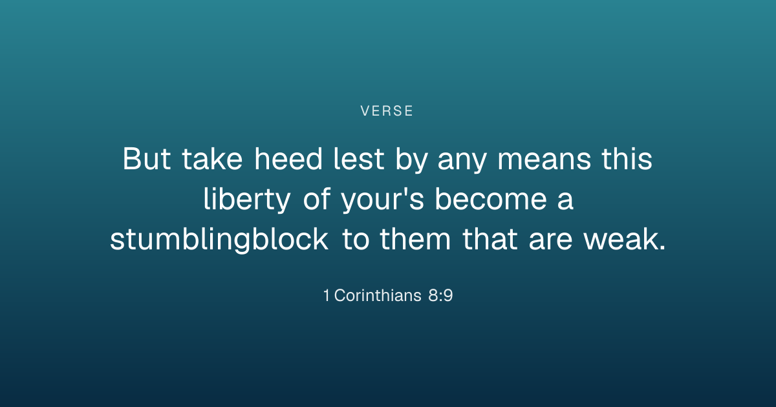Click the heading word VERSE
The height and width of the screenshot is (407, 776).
tap(387, 111)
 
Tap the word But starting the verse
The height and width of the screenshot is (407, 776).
tap(147, 159)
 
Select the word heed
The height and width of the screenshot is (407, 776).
tap(288, 159)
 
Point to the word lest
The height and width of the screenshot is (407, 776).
tap(358, 159)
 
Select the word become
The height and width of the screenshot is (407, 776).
tap(491, 199)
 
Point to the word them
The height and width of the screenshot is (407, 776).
tap(415, 239)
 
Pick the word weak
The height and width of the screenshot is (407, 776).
tap(625, 239)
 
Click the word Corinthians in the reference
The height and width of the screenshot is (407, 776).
tap(378, 296)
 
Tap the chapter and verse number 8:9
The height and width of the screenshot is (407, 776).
tap(440, 296)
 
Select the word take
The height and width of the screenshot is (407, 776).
tap(212, 159)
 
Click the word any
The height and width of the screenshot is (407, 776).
tap(462, 162)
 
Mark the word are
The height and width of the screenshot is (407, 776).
tap(550, 240)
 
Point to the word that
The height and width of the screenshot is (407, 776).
tap(490, 239)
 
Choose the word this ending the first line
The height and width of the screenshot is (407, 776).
tap(627, 159)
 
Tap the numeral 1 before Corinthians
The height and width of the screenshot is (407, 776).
tap(327, 296)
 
